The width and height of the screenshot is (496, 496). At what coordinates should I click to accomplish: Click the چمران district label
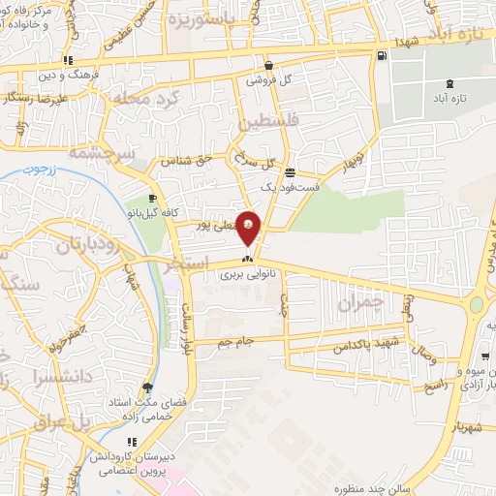(x=361, y=302)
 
